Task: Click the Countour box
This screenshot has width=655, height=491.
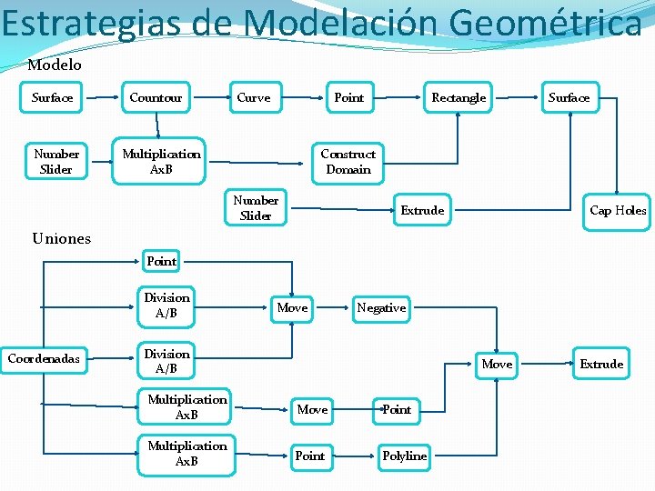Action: pyautogui.click(x=156, y=97)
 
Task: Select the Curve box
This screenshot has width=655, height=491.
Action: pyautogui.click(x=254, y=97)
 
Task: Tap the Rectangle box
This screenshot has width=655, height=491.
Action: pyautogui.click(x=458, y=97)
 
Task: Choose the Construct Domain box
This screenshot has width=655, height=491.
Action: pyautogui.click(x=348, y=162)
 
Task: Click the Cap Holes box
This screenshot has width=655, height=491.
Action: pyautogui.click(x=618, y=210)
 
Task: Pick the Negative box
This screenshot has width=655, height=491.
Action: pyautogui.click(x=381, y=308)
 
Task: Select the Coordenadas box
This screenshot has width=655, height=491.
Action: pyautogui.click(x=44, y=358)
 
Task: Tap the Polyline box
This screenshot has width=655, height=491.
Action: pyautogui.click(x=404, y=456)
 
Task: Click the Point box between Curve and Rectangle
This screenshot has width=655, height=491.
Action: pyautogui.click(x=349, y=97)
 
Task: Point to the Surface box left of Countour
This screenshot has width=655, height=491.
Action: pyautogui.click(x=52, y=97)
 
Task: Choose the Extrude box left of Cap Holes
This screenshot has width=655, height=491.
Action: pyautogui.click(x=422, y=210)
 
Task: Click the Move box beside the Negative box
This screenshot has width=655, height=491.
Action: pyautogui.click(x=292, y=308)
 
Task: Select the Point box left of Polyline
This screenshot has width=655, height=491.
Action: pyautogui.click(x=310, y=456)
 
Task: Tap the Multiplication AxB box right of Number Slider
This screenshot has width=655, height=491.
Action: pyautogui.click(x=162, y=162)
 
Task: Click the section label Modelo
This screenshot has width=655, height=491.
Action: pyautogui.click(x=55, y=65)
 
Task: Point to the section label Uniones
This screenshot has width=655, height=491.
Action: pyautogui.click(x=61, y=238)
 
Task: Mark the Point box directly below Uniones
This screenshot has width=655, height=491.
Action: pyautogui.click(x=162, y=261)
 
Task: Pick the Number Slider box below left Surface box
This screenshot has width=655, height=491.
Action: pyautogui.click(x=56, y=162)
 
